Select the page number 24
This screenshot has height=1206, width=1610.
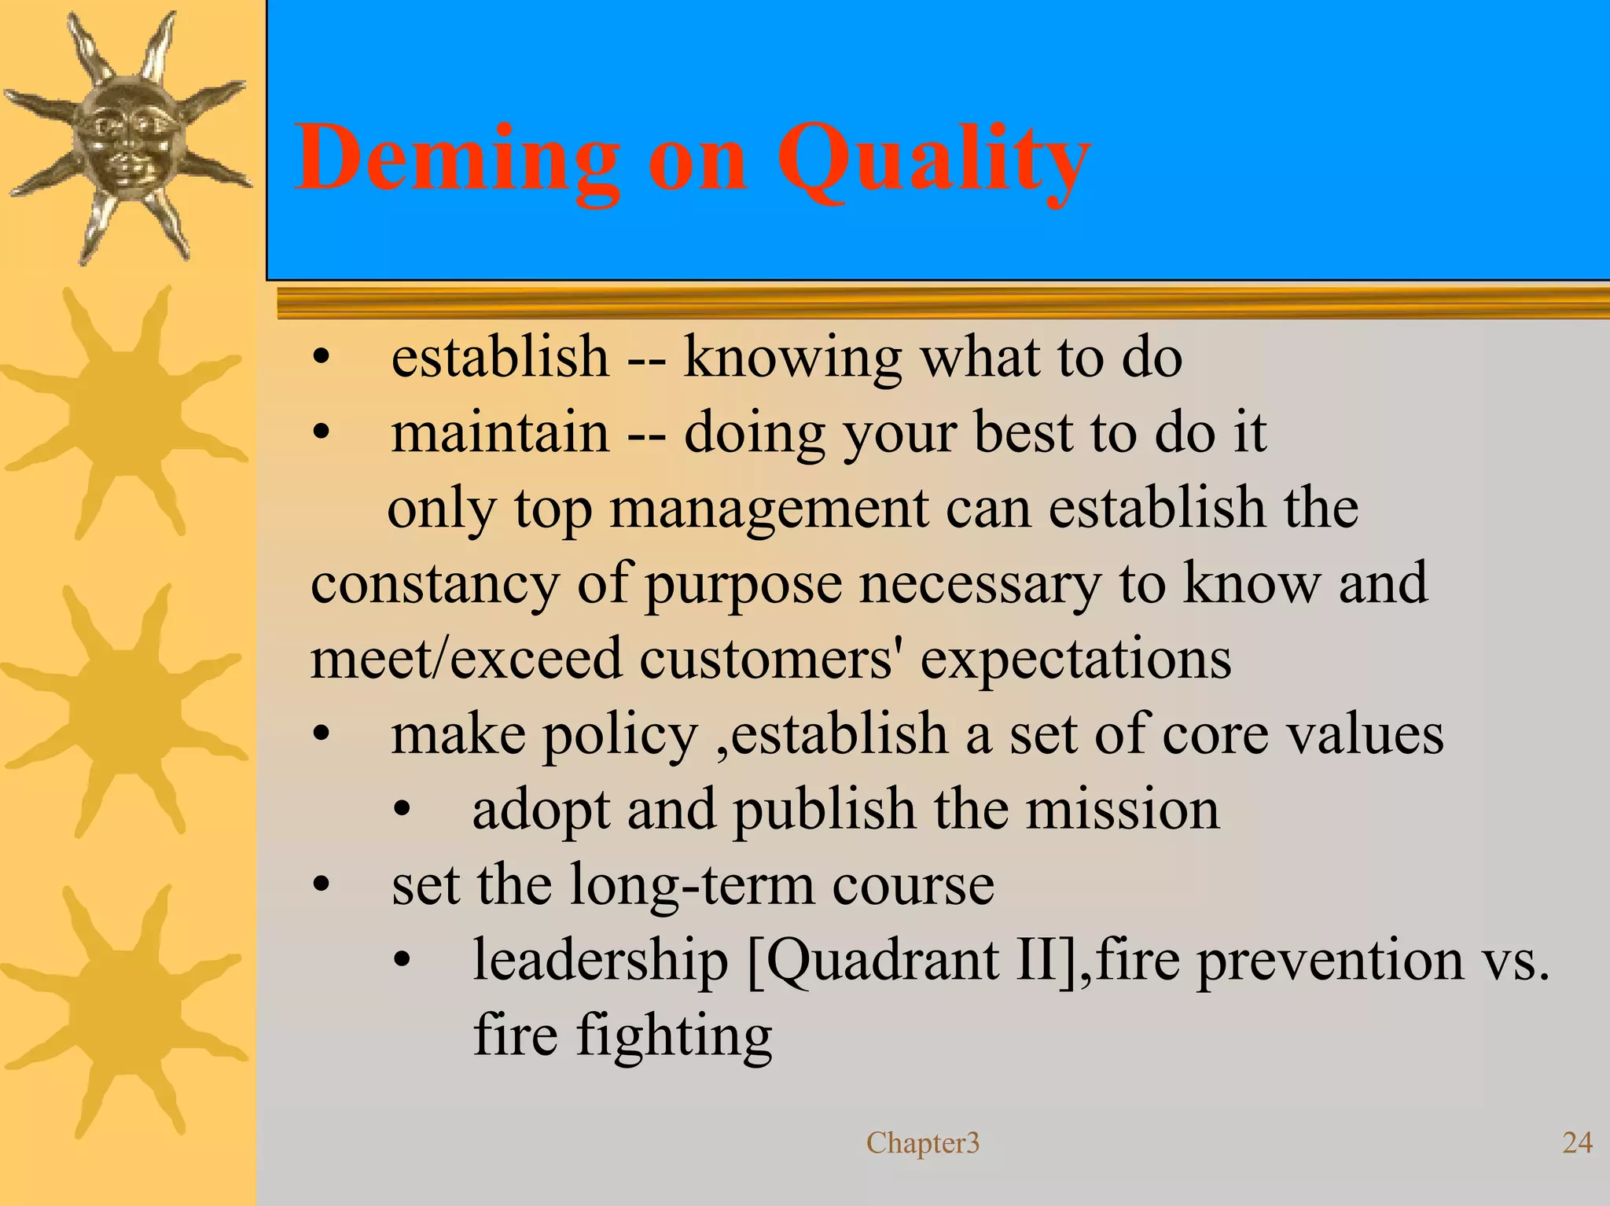(x=1576, y=1142)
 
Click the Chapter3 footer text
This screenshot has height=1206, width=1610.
(x=923, y=1142)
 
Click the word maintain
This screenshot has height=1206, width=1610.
(x=500, y=433)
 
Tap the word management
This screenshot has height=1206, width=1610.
(x=769, y=509)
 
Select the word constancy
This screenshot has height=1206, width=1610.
(x=435, y=585)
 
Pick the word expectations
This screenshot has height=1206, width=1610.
(x=1075, y=659)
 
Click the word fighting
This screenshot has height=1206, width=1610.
(x=675, y=1036)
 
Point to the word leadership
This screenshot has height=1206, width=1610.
(x=600, y=961)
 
